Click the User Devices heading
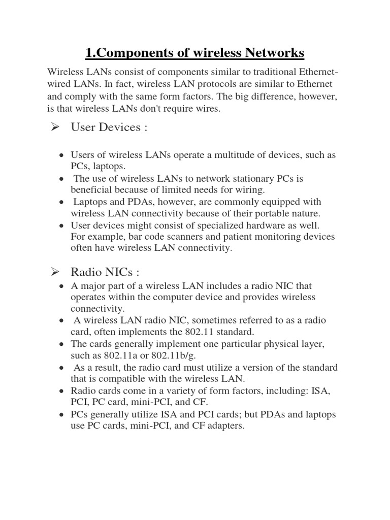109,127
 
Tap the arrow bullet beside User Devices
56,127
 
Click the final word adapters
224,426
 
